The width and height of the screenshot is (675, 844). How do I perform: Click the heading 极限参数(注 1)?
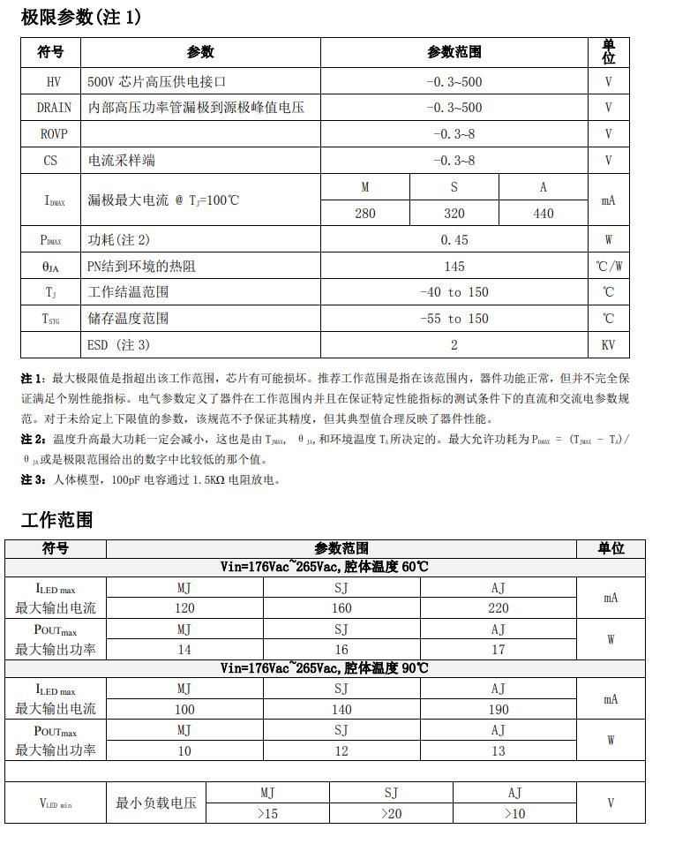coord(80,17)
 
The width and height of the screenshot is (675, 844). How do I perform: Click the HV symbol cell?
coord(50,81)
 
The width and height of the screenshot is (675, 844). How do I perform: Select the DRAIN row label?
coord(50,108)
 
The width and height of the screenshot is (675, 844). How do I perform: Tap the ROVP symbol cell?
coord(50,134)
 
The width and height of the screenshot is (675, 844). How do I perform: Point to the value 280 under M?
coord(365,214)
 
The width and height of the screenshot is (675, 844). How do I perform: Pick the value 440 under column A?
coord(544,214)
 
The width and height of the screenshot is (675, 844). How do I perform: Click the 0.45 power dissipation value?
coord(454,240)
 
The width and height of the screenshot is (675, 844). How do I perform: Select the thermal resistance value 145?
coord(454,266)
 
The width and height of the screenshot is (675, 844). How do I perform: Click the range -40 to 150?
coord(454,292)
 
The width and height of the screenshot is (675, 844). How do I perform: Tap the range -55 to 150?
coord(454,319)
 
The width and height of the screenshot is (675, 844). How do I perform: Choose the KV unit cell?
coord(608,344)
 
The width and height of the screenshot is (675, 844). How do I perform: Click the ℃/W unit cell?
coord(608,266)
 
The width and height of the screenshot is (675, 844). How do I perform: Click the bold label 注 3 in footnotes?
coord(32,480)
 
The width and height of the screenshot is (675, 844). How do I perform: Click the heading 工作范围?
coord(56,520)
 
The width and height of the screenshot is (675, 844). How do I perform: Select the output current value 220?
coord(499,608)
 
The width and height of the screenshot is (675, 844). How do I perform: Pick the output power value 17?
coord(499,650)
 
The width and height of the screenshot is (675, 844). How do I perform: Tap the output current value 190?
coord(499,709)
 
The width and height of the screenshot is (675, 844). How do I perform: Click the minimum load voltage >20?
coord(391,814)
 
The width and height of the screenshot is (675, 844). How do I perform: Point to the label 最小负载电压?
coord(156,803)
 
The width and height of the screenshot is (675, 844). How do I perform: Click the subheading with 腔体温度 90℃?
coord(325,668)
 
